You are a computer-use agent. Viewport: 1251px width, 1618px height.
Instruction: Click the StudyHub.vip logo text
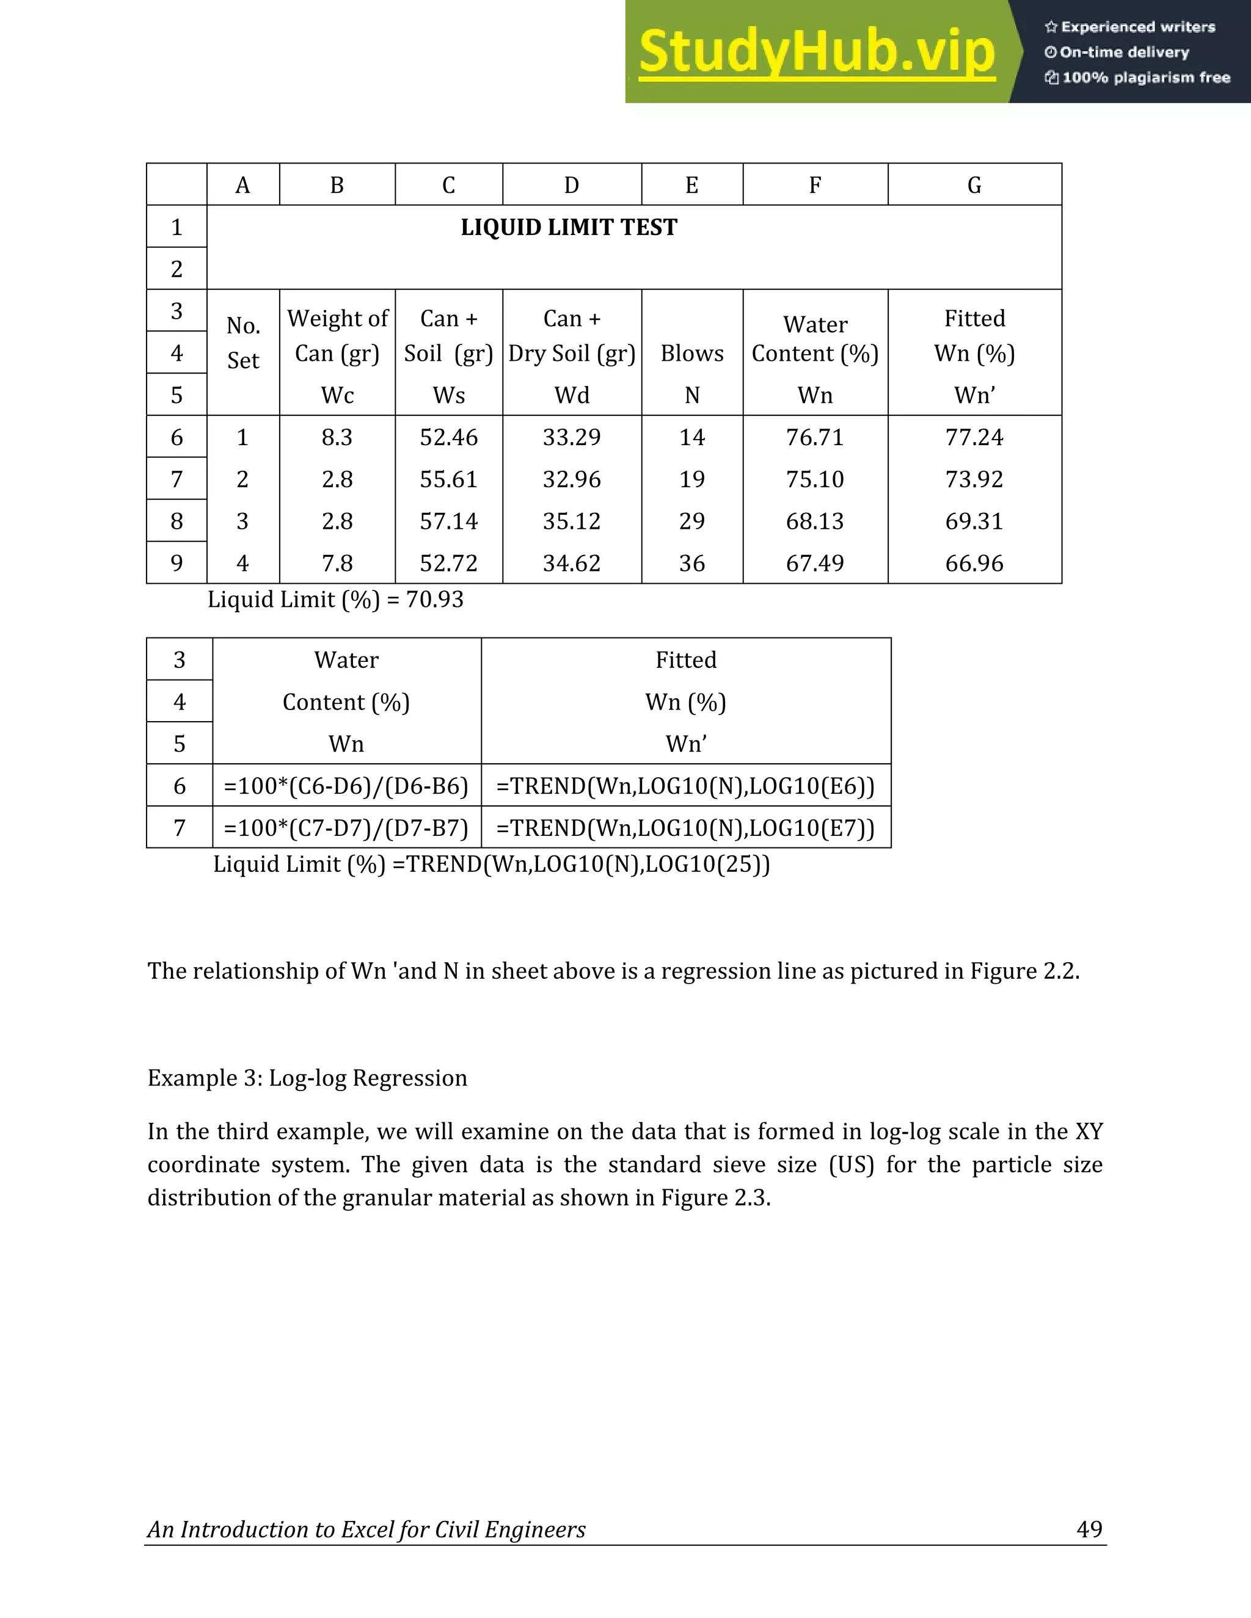tap(816, 52)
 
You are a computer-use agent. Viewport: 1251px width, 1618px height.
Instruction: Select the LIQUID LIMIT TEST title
tap(569, 228)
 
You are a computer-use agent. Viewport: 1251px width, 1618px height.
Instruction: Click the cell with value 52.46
tap(448, 437)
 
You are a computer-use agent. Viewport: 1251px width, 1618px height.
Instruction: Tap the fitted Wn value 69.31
tap(974, 521)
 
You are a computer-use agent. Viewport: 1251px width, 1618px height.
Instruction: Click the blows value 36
tap(691, 564)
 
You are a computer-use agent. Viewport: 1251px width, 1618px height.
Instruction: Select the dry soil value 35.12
tap(571, 521)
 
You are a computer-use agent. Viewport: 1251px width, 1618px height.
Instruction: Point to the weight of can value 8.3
tap(337, 437)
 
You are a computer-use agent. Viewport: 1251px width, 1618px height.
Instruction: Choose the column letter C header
tap(448, 185)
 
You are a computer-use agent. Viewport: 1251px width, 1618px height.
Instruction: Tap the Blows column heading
tap(691, 354)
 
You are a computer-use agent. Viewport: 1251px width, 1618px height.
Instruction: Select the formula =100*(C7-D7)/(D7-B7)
tap(346, 827)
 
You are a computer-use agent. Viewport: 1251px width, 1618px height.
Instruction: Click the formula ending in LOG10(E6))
tap(685, 785)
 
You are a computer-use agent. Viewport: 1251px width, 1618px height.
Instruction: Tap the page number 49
tap(1089, 1529)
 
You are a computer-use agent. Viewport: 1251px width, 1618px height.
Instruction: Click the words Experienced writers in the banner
tap(1137, 27)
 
